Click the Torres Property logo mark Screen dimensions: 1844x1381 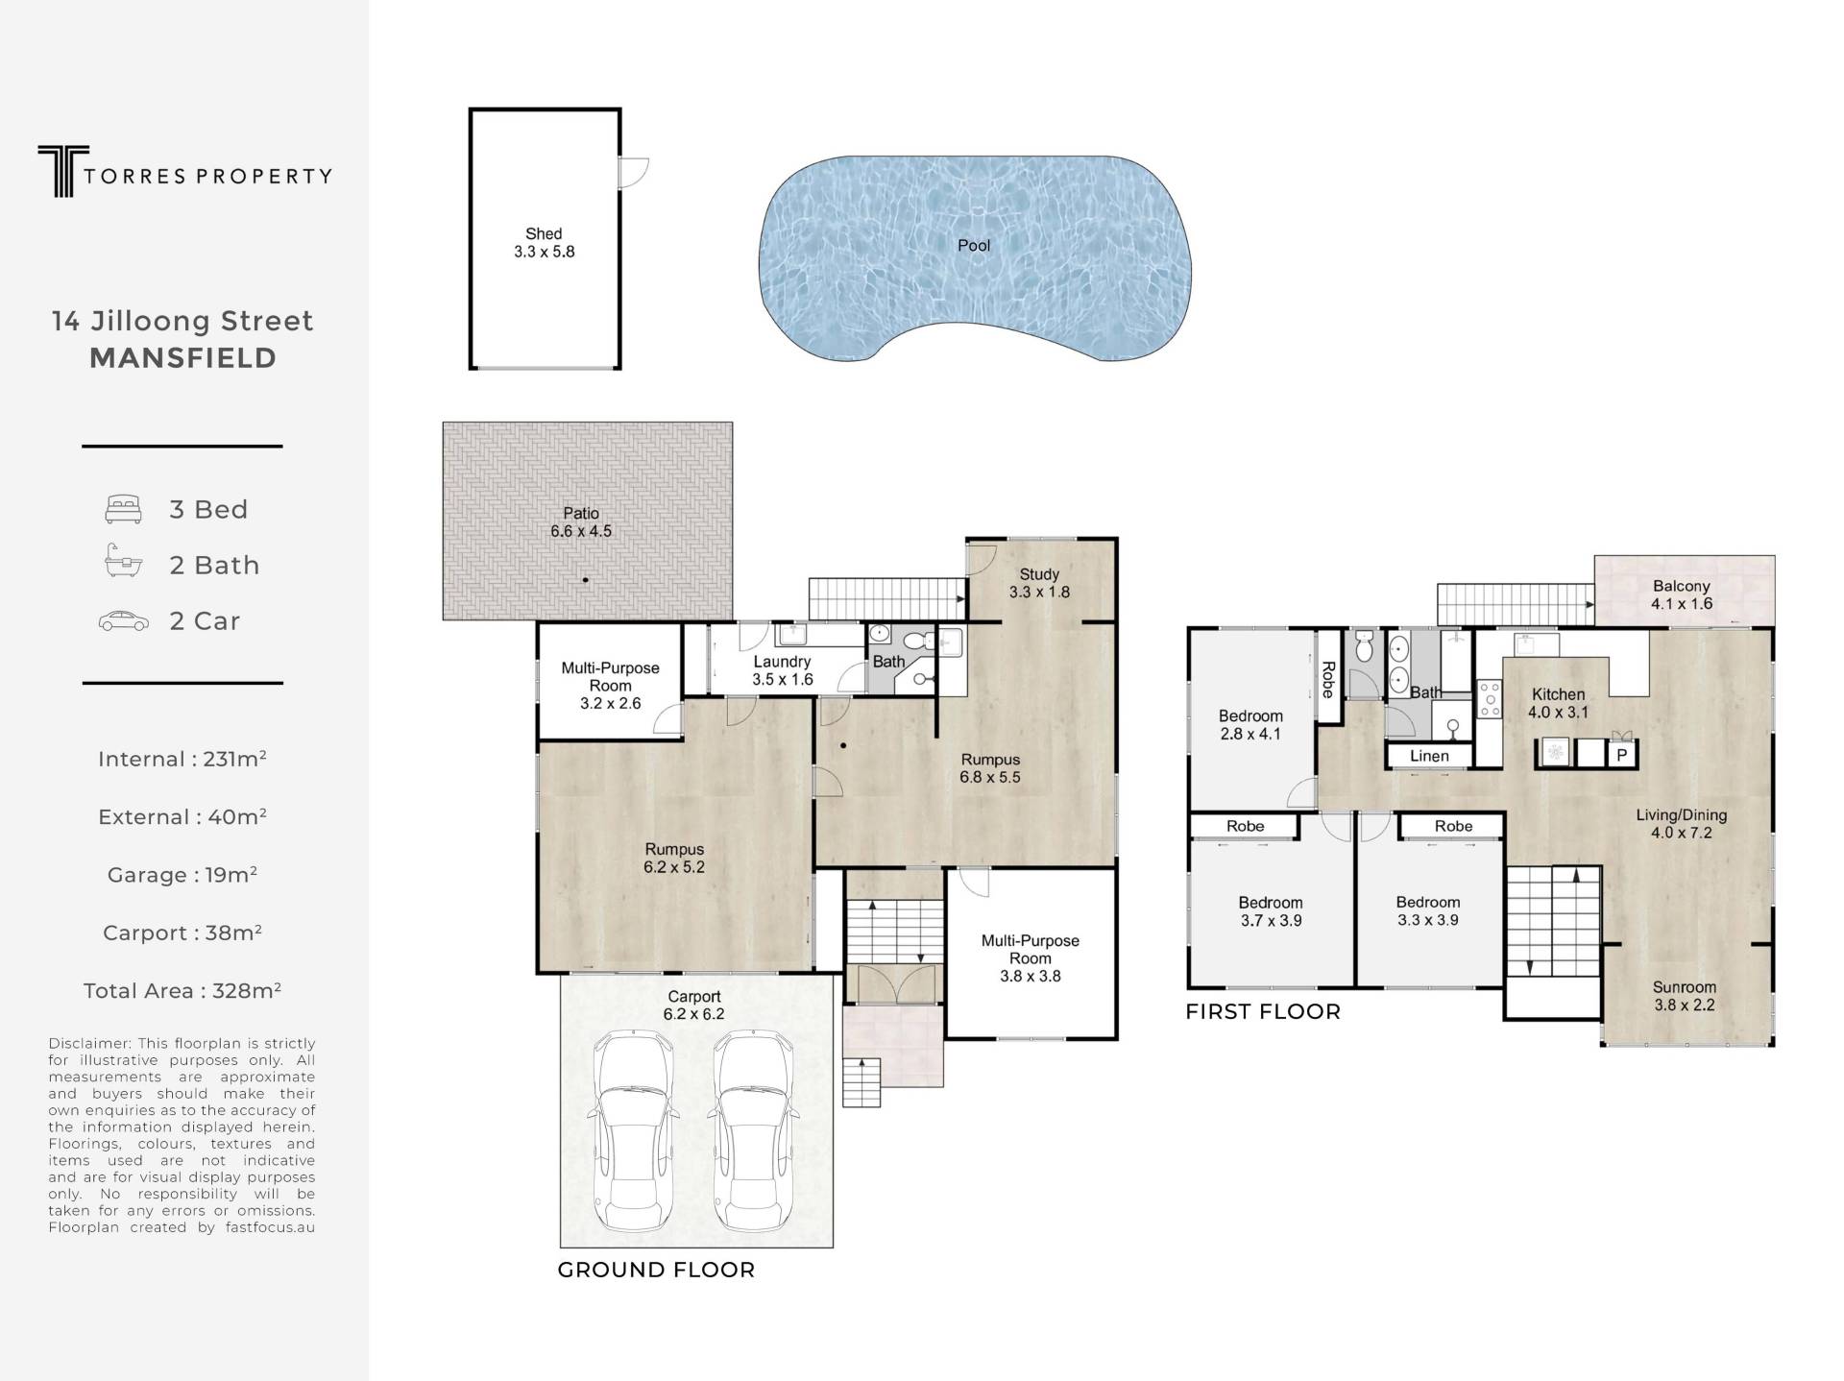click(63, 171)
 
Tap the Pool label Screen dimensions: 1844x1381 click(974, 246)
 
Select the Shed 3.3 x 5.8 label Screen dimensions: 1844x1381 click(544, 243)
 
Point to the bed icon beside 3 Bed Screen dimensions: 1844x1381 click(123, 509)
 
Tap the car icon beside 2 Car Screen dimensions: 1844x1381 click(124, 621)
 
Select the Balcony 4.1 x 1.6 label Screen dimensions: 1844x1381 click(1682, 594)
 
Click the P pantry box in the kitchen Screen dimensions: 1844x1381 click(1622, 755)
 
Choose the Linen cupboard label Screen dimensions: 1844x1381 click(1429, 756)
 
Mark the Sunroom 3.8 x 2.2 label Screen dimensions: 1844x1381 click(1684, 996)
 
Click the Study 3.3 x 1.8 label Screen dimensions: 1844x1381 click(1039, 583)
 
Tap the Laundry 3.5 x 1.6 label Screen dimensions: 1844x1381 click(782, 670)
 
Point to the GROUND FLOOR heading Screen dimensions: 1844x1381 click(656, 1270)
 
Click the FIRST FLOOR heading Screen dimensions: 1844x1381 click(1263, 1011)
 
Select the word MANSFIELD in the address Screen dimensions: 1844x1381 click(183, 358)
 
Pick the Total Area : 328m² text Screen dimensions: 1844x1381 click(182, 990)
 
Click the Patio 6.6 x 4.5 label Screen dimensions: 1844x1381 click(581, 522)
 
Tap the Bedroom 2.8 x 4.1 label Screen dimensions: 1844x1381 click(1250, 725)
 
